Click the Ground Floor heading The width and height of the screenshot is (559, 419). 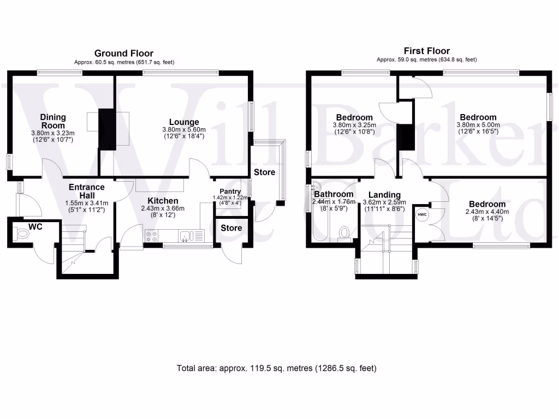124,53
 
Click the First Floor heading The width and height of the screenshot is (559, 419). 426,51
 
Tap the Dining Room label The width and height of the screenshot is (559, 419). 53,121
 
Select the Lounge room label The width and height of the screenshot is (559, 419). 183,122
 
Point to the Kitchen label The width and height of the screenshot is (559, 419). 163,201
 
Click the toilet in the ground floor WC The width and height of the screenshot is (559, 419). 22,235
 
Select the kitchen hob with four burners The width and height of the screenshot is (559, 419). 151,236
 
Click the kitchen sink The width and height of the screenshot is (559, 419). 186,236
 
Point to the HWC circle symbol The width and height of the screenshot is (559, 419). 422,215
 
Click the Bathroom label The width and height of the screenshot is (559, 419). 334,194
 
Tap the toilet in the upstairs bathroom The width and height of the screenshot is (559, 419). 344,233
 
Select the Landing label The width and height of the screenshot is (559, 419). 384,195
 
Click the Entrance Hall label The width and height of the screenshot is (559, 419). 86,191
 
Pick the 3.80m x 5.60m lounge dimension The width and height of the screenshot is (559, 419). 183,129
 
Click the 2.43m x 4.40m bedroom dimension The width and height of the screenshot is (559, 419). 487,212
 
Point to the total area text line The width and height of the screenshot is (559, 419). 277,368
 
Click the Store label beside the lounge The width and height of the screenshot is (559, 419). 264,172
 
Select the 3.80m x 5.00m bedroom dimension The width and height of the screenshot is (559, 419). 478,124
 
